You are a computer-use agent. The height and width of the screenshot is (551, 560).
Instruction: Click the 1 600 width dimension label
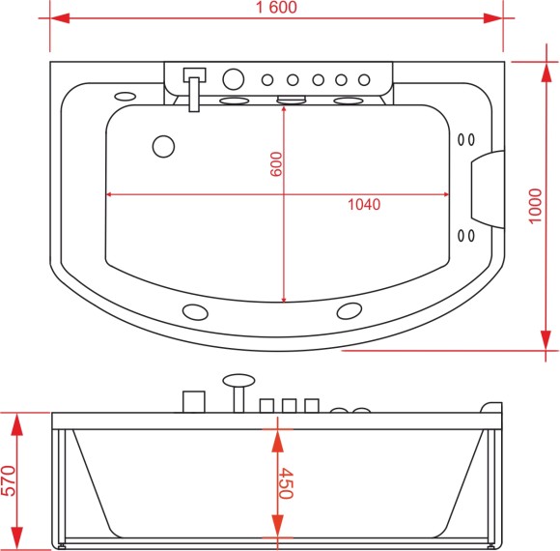[276, 7]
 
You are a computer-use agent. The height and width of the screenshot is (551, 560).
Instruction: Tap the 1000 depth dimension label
[535, 206]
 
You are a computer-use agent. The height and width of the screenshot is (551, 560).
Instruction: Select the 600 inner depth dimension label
[276, 164]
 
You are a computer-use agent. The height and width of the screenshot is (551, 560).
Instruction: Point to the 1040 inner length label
[364, 205]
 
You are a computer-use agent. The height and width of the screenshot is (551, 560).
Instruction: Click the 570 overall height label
[8, 480]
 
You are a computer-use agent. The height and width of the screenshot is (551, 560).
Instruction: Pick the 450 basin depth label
[286, 483]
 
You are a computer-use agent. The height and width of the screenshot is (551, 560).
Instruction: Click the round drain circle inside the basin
[163, 147]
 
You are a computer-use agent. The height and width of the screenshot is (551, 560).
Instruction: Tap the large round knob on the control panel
[234, 79]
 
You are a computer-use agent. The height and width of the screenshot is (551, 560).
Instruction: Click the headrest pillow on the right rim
[488, 189]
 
